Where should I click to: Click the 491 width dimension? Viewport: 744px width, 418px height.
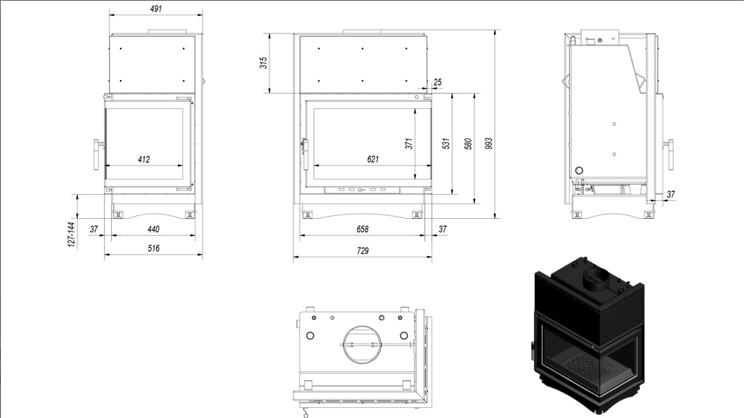click(155, 9)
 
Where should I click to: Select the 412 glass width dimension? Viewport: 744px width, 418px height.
click(144, 160)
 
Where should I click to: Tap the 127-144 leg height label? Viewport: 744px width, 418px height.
click(71, 234)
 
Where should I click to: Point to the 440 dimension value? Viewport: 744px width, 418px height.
click(153, 230)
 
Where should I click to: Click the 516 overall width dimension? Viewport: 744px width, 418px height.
click(153, 249)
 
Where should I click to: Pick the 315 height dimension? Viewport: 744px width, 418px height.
click(263, 63)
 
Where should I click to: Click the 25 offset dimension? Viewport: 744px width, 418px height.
click(437, 82)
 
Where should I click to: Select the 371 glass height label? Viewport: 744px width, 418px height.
click(409, 143)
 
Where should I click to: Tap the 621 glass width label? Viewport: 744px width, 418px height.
click(373, 160)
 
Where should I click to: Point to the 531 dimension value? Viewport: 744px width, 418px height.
click(446, 143)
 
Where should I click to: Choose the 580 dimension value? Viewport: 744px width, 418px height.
click(469, 143)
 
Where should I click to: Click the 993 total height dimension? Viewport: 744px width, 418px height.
click(489, 143)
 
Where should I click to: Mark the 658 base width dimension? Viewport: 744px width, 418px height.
click(363, 230)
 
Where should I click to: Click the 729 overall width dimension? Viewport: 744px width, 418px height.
click(363, 251)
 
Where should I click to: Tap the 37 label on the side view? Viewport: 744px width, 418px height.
click(671, 194)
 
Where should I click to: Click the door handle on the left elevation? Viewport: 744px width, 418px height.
click(98, 155)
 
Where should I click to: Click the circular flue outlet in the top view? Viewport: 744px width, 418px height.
click(362, 343)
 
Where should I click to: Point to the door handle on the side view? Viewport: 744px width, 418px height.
click(669, 154)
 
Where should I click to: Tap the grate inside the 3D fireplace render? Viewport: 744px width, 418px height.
click(583, 366)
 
